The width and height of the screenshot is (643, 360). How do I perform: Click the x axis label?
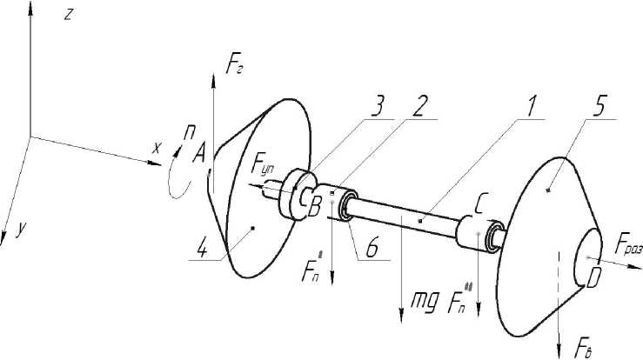(x=157, y=148)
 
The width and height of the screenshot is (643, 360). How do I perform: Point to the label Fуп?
(x=264, y=164)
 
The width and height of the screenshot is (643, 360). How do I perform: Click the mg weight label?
(x=424, y=303)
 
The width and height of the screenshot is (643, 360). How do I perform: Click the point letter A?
(x=198, y=156)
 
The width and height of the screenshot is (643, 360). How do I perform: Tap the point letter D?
(x=595, y=279)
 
